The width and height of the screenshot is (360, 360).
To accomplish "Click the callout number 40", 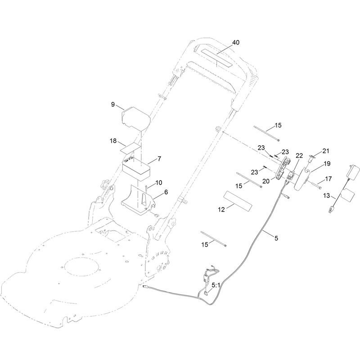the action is click(236, 42).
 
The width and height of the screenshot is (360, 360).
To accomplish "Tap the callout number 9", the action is click(113, 104).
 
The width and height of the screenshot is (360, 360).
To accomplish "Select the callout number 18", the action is click(113, 141).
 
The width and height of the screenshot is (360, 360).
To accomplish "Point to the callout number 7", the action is click(159, 159).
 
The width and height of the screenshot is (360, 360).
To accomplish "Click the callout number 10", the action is click(159, 183).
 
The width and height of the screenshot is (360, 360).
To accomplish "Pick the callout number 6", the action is click(166, 192).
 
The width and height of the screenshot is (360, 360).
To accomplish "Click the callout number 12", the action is click(221, 210).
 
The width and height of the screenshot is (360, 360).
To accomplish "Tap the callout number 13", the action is click(327, 196).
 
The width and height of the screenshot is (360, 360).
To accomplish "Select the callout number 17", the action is click(328, 179).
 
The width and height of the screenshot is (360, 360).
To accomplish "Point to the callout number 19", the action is click(327, 164).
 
